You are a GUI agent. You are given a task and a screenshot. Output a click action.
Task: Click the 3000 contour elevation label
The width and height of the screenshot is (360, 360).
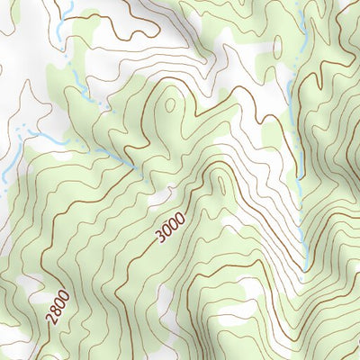click(x=169, y=226)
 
